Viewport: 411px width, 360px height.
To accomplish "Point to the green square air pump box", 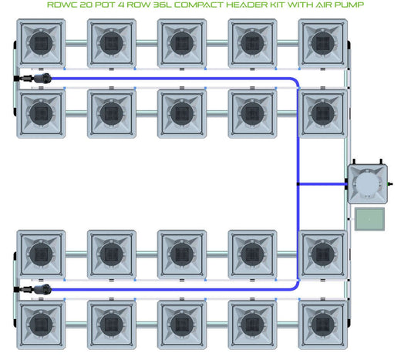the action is point(369,219).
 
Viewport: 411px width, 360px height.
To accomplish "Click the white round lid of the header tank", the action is point(367,184).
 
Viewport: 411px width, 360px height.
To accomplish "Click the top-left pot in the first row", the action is point(41,43).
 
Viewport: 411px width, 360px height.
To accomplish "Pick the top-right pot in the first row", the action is point(323,43).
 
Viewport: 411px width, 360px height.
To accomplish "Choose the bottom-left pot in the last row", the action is point(41,325).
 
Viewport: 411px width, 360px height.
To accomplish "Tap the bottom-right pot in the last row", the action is point(323,325).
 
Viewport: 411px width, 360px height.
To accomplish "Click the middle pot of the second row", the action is point(182,113).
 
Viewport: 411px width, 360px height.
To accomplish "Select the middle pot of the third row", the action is point(182,254).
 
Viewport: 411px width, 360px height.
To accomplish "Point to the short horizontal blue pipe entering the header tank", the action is point(322,184).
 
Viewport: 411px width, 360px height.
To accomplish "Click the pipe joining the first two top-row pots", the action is point(76,43).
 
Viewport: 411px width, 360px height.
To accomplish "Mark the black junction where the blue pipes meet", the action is point(298,184).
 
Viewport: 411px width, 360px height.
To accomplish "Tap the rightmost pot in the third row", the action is point(323,254).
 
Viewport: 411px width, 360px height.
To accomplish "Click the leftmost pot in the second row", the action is point(41,113).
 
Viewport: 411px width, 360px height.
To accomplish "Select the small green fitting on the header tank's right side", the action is point(389,183).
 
